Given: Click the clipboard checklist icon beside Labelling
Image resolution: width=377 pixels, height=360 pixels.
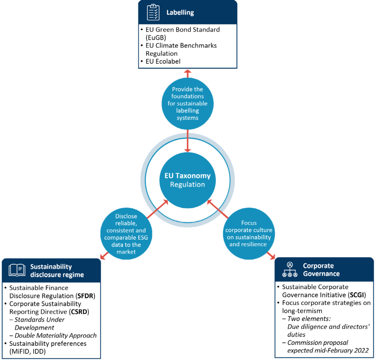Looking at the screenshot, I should point(153,13).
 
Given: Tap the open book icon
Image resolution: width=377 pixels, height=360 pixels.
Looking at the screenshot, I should point(17,271).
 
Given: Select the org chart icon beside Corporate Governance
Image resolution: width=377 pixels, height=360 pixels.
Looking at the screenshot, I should point(290,269).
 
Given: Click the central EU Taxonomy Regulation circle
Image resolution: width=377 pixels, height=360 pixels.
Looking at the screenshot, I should point(187,180).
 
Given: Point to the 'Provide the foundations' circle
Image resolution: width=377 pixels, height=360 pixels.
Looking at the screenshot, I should point(187,103).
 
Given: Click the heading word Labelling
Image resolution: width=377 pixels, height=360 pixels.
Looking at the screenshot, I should point(180,13).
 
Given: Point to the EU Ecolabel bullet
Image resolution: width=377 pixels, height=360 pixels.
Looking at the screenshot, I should point(163,61).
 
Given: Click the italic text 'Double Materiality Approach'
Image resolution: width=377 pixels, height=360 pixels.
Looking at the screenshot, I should point(56,335).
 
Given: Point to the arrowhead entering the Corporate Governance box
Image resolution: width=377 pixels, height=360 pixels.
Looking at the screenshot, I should point(272,255).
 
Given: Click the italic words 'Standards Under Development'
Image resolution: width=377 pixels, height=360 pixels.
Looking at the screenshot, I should point(39,323).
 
